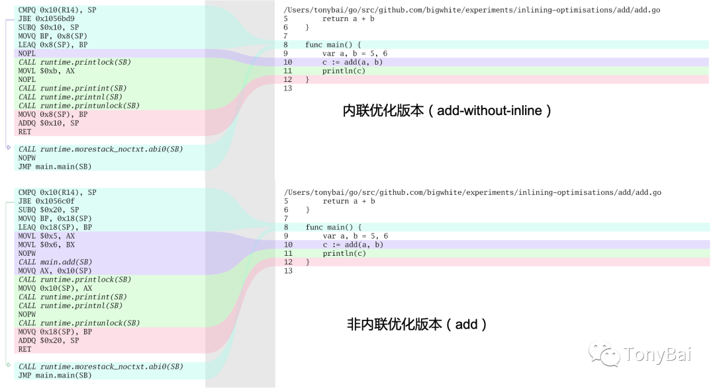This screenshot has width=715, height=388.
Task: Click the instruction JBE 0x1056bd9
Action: (46, 19)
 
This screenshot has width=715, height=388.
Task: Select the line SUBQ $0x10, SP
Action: (48, 27)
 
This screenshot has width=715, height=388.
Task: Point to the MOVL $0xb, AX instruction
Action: (46, 71)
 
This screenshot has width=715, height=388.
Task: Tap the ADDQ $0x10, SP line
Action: (48, 123)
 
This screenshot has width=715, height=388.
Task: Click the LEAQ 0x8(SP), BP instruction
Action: (53, 45)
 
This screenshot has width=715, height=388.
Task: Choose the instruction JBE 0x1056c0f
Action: (46, 201)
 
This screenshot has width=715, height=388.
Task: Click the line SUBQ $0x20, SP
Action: (48, 210)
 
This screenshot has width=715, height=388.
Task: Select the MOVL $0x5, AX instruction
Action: (46, 236)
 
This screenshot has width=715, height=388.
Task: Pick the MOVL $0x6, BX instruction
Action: (46, 245)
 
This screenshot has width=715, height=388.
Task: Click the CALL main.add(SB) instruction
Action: (55, 262)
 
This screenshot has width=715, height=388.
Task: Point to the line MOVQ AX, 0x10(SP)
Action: (55, 270)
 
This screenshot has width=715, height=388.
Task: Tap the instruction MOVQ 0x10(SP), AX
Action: (55, 288)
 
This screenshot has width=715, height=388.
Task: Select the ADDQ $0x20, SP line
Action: (48, 340)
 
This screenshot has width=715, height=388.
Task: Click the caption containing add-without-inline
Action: (447, 110)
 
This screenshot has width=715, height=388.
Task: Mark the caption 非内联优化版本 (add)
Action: (417, 324)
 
